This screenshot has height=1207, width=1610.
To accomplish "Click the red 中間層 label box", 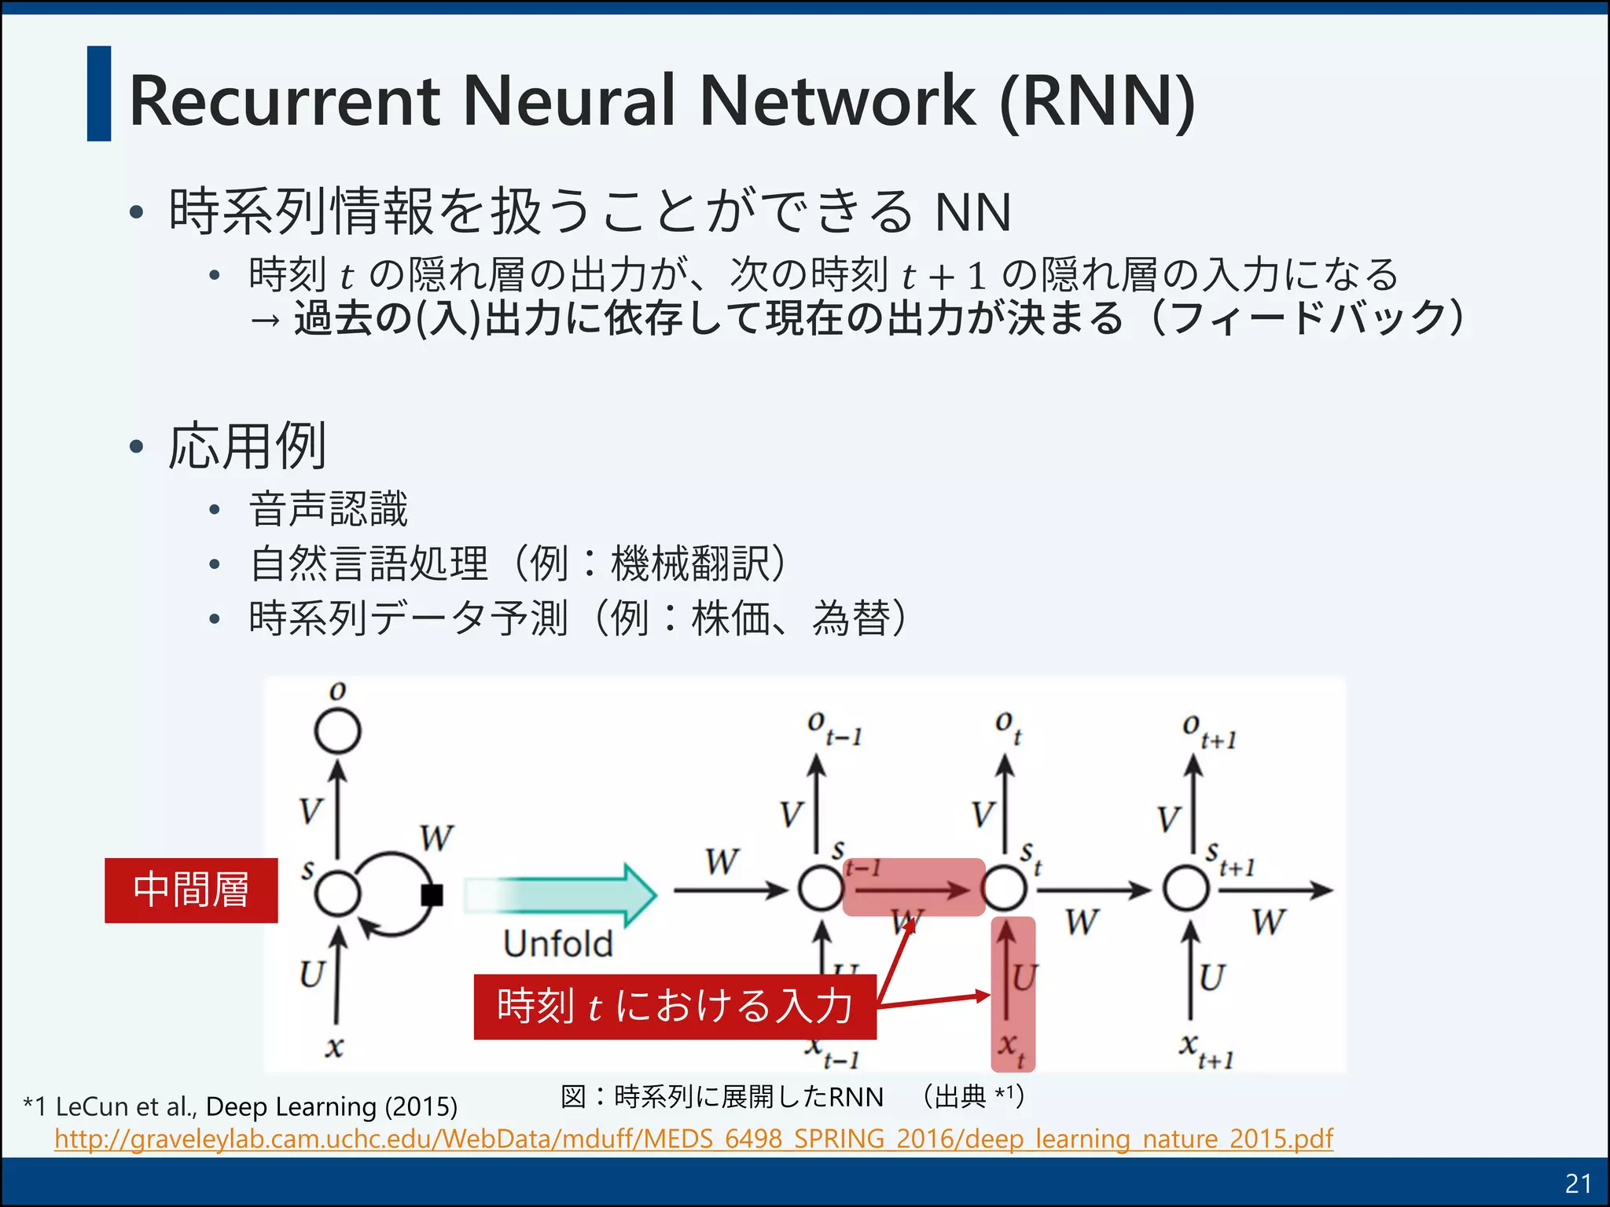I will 191,890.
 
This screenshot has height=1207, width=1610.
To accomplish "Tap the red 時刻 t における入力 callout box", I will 675,1007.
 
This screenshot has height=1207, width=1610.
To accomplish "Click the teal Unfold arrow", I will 560,894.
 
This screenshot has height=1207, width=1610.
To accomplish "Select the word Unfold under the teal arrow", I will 557,944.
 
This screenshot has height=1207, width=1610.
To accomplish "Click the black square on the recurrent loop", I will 432,894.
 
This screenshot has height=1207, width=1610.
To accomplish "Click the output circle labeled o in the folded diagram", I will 337,732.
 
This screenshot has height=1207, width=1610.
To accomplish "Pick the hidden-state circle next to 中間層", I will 337,893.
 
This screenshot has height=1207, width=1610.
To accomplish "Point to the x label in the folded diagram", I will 334,1047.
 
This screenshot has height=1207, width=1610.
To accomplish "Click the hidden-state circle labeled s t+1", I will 1186,889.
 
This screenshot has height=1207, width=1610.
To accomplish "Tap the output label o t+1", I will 1208,731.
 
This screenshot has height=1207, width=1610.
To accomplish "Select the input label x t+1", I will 1205,1051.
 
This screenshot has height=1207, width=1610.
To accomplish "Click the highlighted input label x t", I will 1012,1049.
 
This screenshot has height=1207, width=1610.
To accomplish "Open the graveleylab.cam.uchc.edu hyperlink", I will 693,1139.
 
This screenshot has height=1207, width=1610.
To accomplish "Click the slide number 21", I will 1579,1183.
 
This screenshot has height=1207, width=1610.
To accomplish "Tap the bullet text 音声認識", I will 329,508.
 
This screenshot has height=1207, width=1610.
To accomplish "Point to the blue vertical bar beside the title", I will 99,94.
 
